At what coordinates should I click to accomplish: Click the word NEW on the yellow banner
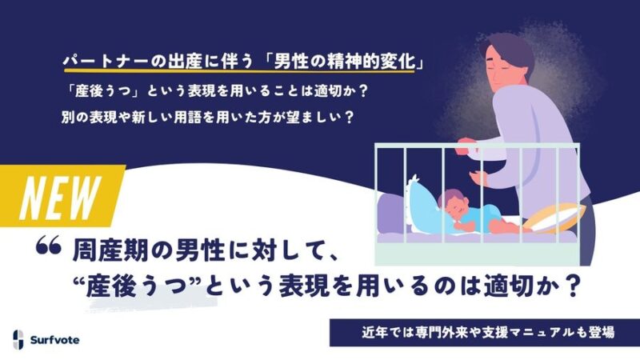60,198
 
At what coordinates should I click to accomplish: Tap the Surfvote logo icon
18,339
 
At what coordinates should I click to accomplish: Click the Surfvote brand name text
54,340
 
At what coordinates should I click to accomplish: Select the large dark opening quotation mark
49,246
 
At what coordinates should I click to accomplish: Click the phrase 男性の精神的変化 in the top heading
344,63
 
